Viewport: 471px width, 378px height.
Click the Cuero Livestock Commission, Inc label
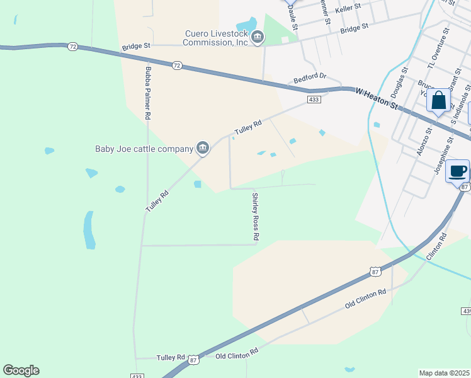point(216,38)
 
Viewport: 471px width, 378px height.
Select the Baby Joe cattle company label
point(144,149)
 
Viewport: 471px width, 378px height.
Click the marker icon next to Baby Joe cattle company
point(203,148)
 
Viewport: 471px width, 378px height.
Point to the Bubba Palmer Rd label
point(149,93)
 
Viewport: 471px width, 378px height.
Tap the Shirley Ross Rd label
point(256,216)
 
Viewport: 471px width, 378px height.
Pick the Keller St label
point(348,8)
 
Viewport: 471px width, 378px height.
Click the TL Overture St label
point(438,48)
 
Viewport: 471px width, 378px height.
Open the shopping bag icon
point(438,101)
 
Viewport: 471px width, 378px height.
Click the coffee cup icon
point(458,171)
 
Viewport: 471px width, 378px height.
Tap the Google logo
point(21,370)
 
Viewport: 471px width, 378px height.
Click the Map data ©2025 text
point(445,373)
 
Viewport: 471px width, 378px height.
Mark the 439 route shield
point(466,311)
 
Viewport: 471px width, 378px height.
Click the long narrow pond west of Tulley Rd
point(89,229)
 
